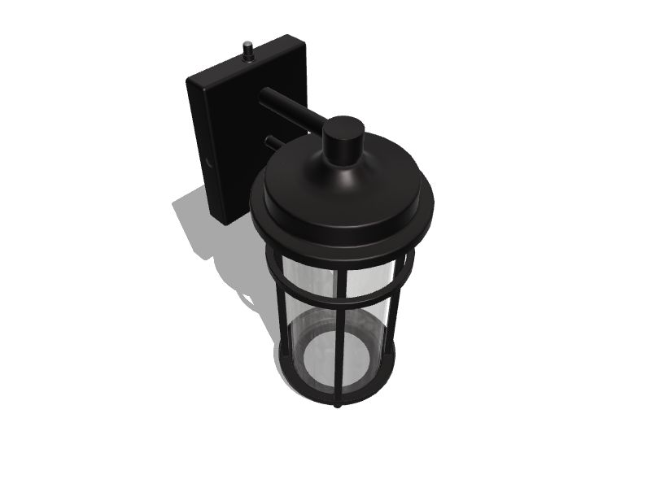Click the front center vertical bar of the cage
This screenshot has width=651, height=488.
pos(341,325)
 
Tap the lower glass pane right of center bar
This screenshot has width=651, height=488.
pos(370,325)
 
